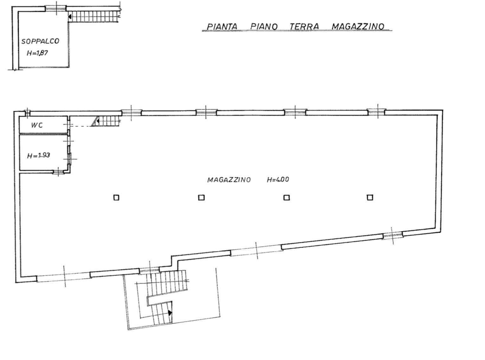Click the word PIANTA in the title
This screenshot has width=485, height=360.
222,26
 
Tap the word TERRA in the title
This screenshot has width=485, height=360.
304,26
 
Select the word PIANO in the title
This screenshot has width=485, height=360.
264,26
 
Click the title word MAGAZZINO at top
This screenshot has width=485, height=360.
358,26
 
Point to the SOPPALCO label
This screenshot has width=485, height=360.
40,41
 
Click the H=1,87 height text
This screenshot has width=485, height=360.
37,53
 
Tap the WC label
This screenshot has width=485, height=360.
37,125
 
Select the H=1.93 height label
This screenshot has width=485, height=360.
38,156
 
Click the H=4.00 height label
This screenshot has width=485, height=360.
278,180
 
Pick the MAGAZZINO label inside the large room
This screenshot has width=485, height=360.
229,180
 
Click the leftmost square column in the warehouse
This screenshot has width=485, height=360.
116,198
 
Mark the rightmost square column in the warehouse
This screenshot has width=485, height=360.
370,197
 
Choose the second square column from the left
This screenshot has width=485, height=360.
201,198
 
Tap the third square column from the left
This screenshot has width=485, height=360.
287,198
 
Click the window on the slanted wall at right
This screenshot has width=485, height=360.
392,235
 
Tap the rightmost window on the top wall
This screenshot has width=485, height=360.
377,112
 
